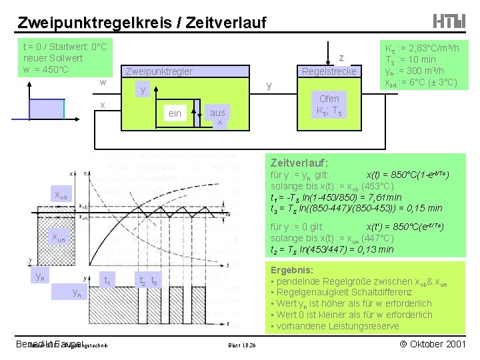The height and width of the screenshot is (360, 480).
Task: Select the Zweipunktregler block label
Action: (x=159, y=71)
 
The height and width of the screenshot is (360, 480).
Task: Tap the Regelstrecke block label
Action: (x=329, y=71)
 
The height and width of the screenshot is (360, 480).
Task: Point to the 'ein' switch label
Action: (x=175, y=113)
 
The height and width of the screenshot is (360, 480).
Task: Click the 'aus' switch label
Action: (x=217, y=113)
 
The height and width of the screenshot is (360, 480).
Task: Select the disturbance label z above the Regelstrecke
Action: (x=341, y=58)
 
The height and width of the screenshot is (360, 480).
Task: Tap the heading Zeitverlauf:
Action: (x=299, y=162)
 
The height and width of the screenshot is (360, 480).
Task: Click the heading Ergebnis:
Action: (x=291, y=270)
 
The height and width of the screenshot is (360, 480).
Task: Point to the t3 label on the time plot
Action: (x=154, y=281)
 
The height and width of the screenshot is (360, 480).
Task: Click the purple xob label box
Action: (x=60, y=195)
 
